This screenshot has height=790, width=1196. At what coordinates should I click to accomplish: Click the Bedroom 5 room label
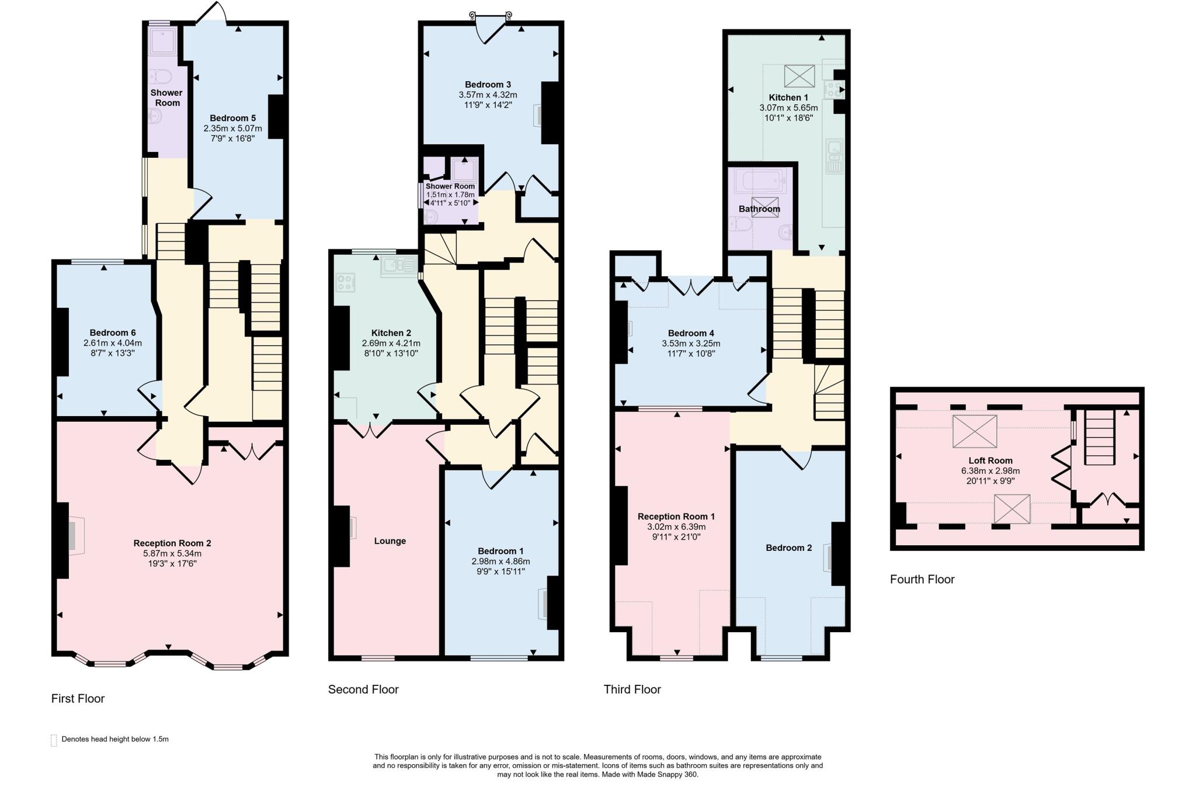pyautogui.click(x=232, y=118)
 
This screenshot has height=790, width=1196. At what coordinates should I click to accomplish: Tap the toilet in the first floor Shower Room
pyautogui.click(x=159, y=77)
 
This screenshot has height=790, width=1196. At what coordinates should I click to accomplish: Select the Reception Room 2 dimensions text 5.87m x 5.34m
pyautogui.click(x=172, y=553)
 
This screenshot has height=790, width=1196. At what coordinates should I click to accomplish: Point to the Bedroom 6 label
pyautogui.click(x=113, y=332)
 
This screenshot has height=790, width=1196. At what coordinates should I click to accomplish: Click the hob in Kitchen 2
pyautogui.click(x=345, y=283)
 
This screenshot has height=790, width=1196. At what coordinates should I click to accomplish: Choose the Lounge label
pyautogui.click(x=390, y=541)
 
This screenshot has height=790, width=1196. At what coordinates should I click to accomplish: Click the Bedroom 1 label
pyautogui.click(x=500, y=551)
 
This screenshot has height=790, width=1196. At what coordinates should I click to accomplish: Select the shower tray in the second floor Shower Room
pyautogui.click(x=464, y=169)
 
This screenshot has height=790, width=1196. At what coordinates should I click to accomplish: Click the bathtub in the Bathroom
pyautogui.click(x=759, y=181)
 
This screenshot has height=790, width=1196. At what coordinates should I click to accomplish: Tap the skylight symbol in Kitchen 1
pyautogui.click(x=799, y=76)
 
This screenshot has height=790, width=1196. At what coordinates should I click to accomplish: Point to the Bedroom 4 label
pyautogui.click(x=691, y=333)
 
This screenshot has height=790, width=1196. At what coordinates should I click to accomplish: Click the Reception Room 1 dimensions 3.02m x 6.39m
pyautogui.click(x=676, y=526)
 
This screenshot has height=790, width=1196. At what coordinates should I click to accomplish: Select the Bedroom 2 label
pyautogui.click(x=788, y=548)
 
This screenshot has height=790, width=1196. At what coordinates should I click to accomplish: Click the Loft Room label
pyautogui.click(x=990, y=460)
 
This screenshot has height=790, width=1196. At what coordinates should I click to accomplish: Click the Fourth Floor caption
pyautogui.click(x=922, y=579)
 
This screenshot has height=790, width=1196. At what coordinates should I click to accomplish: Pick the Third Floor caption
pyautogui.click(x=632, y=689)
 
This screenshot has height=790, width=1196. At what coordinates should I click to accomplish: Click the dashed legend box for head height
pyautogui.click(x=54, y=740)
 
